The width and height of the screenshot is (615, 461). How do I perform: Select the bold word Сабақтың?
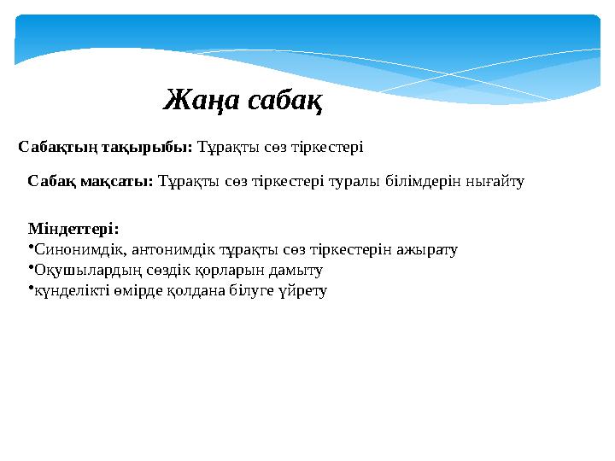[x=58, y=147]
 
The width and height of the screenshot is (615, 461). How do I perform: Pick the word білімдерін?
[x=419, y=181]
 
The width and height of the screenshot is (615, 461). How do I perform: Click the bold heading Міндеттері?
[x=73, y=229]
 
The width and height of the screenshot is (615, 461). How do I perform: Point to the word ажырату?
[x=428, y=250]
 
